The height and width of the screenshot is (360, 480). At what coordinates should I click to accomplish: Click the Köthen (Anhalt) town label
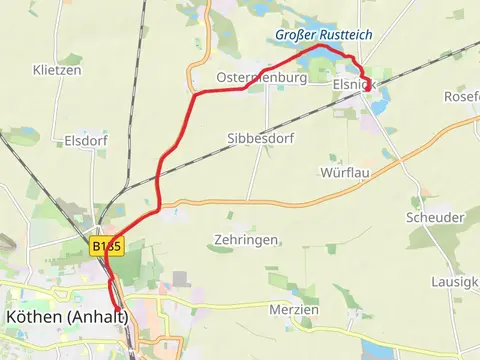pos(66,316)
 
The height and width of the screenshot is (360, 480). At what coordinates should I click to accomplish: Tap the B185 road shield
pos(106,245)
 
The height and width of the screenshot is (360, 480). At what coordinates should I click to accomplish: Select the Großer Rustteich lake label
pos(324,35)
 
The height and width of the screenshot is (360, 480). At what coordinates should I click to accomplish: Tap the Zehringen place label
pos(244,240)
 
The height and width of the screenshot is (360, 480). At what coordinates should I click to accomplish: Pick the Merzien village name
pos(293,310)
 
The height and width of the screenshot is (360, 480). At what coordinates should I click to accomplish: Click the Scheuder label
pos(435,218)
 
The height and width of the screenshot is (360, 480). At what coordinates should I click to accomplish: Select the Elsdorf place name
pos(85,142)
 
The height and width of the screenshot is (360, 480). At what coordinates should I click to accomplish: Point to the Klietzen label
pos(56,71)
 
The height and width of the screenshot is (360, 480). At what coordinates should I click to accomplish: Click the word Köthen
pos(33,316)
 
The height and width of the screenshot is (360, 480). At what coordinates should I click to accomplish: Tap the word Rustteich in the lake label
pos(344,35)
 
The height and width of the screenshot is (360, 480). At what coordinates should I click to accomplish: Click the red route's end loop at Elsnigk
pos(368,85)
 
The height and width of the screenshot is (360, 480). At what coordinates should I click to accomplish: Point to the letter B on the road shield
pos(96,245)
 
